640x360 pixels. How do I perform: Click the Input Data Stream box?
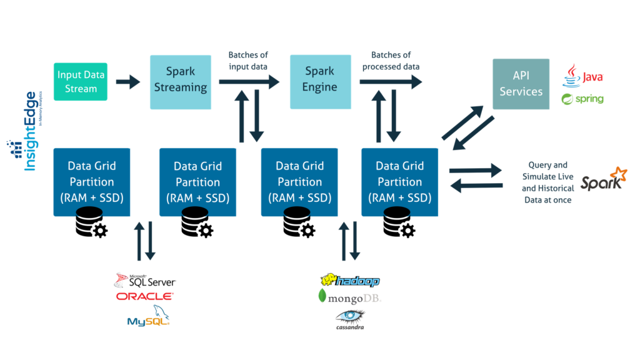[81, 81]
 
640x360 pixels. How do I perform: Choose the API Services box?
[521, 84]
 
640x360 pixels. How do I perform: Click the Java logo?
[583, 77]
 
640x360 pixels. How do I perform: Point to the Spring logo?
[582, 99]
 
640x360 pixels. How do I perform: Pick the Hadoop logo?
[350, 281]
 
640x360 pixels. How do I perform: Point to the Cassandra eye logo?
[349, 319]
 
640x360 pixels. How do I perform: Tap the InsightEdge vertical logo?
[28, 131]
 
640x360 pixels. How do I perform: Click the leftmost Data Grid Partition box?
[92, 182]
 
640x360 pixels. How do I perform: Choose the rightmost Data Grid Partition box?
[399, 182]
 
